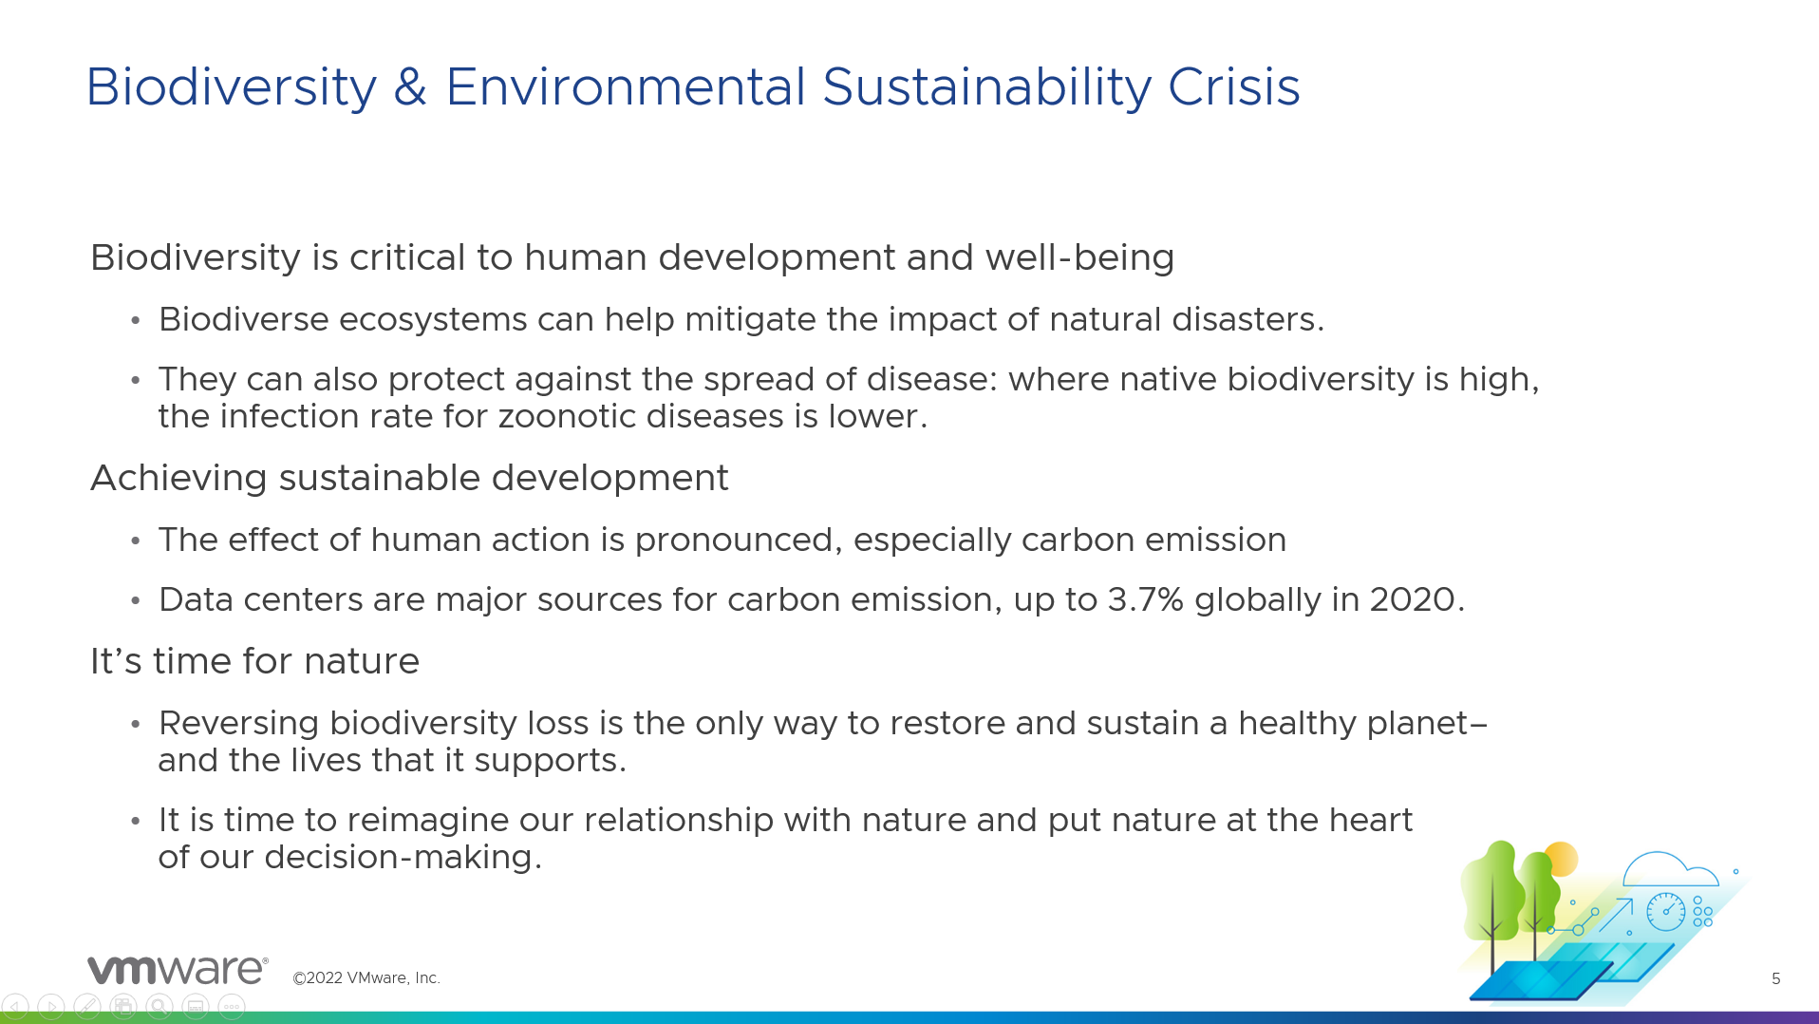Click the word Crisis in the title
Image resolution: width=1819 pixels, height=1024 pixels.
(1233, 87)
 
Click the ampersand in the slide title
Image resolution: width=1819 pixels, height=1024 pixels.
(410, 87)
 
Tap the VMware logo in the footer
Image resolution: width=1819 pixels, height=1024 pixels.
(178, 970)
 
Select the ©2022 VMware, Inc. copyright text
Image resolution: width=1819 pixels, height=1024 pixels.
(366, 977)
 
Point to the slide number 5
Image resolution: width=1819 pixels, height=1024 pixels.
(1775, 978)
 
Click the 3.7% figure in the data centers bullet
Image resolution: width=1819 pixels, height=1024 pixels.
(1145, 599)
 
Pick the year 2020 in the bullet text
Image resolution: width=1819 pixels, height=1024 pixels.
(1412, 599)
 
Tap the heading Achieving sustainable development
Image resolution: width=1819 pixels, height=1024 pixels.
(409, 478)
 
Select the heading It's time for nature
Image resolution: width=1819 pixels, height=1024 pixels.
(254, 661)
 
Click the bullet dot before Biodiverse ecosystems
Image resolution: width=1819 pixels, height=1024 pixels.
(136, 320)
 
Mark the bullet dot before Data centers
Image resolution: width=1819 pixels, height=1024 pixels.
(136, 600)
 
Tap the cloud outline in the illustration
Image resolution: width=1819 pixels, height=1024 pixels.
(1670, 868)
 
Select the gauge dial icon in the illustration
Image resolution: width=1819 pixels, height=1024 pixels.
(1665, 911)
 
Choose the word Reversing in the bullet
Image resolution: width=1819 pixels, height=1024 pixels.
(238, 724)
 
